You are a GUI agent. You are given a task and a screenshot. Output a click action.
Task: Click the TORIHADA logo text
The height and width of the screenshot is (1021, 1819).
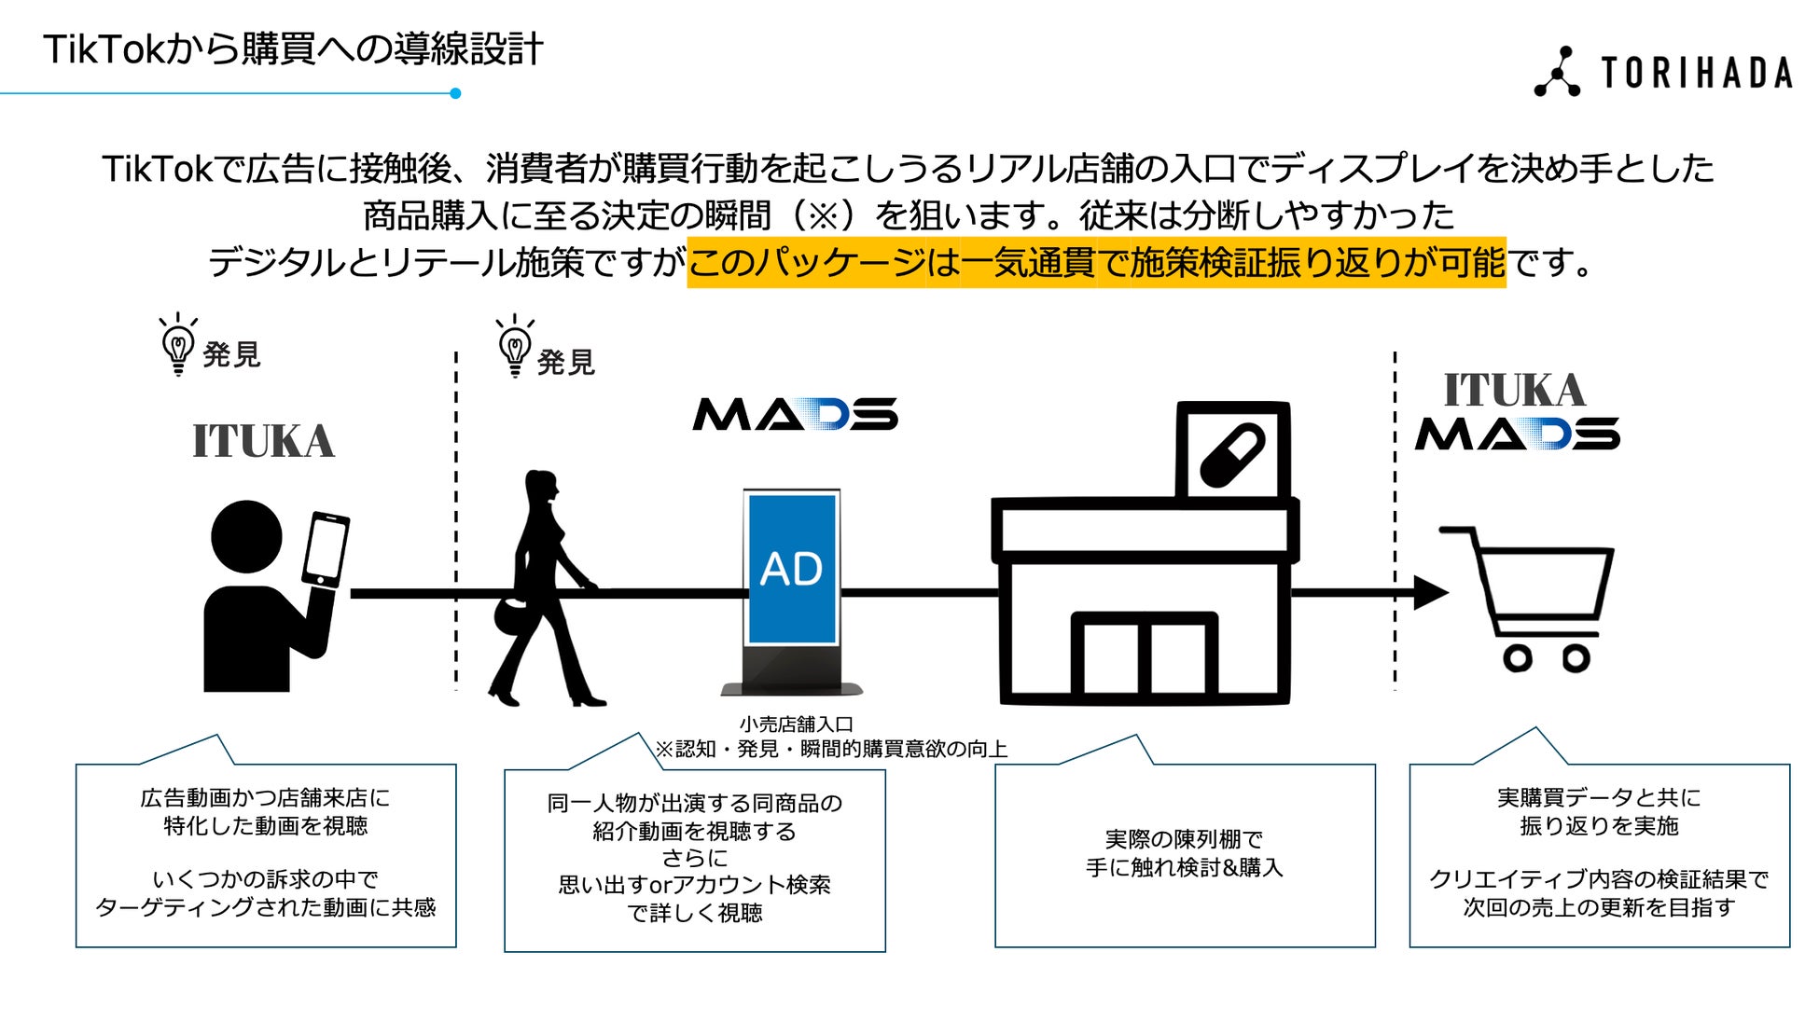(1696, 73)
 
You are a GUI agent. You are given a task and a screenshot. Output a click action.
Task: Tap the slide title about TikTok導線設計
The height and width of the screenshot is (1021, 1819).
(293, 48)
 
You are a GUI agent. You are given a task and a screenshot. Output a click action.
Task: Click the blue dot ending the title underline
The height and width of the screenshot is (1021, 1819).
(455, 93)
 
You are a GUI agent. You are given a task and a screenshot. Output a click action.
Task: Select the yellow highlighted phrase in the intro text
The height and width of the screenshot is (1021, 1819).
(1096, 263)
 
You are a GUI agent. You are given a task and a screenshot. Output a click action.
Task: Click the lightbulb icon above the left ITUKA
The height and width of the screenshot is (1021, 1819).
(178, 344)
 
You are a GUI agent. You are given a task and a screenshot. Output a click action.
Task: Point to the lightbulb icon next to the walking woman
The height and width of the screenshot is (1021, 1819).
(515, 346)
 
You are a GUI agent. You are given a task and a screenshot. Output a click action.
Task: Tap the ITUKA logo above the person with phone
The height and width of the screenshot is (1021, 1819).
(263, 441)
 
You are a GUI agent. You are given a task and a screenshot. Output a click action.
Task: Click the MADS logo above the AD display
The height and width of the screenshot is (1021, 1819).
(795, 415)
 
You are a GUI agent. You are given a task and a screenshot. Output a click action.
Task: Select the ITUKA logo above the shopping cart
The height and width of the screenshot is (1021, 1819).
(1514, 390)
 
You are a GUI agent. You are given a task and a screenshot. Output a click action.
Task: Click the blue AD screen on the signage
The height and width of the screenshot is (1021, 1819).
(792, 568)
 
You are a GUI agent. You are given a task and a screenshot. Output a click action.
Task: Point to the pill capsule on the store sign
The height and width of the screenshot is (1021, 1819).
(1232, 456)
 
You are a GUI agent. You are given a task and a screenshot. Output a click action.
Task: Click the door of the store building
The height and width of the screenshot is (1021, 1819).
(1145, 655)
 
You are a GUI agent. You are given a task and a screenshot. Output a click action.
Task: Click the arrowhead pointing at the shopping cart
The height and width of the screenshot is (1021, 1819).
(1430, 592)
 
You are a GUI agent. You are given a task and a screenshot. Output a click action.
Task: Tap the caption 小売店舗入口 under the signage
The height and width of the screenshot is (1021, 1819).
(796, 724)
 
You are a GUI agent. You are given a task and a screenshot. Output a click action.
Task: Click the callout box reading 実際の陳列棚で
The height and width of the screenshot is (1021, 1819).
(1185, 854)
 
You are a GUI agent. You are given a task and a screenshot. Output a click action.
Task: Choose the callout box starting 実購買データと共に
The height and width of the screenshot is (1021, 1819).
(1599, 854)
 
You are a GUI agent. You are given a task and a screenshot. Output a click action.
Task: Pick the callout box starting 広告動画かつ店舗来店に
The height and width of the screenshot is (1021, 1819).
(266, 854)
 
